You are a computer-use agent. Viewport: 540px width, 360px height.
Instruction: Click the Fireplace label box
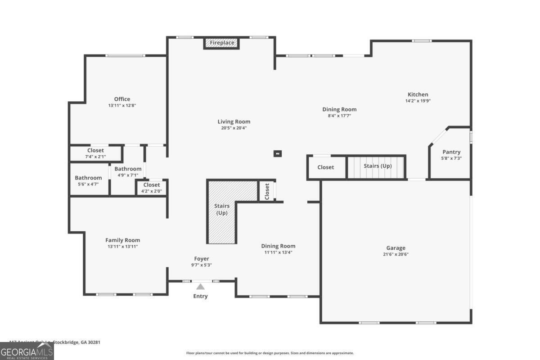pyautogui.click(x=222, y=43)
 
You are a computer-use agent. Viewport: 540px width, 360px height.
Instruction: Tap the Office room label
pyautogui.click(x=122, y=99)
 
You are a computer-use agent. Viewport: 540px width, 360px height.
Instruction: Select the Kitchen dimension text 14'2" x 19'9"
pyautogui.click(x=418, y=101)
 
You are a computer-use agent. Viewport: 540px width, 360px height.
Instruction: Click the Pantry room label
pyautogui.click(x=451, y=152)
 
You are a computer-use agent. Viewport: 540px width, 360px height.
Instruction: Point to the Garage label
pyautogui.click(x=396, y=248)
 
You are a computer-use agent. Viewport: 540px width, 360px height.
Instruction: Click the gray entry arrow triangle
pyautogui.click(x=200, y=286)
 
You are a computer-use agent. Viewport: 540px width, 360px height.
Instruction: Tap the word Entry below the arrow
pyautogui.click(x=201, y=296)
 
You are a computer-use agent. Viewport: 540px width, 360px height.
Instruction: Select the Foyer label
pyautogui.click(x=202, y=259)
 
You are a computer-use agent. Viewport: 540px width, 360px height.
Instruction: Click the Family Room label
pyautogui.click(x=122, y=240)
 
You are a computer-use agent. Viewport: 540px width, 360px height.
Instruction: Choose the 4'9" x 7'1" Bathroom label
pyautogui.click(x=128, y=169)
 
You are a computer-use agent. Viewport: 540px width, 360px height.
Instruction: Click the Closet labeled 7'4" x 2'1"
pyautogui.click(x=95, y=150)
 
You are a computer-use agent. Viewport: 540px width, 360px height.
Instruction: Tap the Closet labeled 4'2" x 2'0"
pyautogui.click(x=152, y=185)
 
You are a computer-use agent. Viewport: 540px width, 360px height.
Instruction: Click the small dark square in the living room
pyautogui.click(x=278, y=153)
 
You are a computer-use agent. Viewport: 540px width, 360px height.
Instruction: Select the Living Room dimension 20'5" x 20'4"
pyautogui.click(x=234, y=128)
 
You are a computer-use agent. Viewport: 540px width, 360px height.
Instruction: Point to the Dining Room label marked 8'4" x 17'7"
pyautogui.click(x=339, y=109)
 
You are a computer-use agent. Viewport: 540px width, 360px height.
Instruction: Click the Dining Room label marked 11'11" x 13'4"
pyautogui.click(x=279, y=246)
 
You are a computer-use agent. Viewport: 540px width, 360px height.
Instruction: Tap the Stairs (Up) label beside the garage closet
pyautogui.click(x=378, y=166)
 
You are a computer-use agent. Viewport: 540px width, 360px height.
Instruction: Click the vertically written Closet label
pyautogui.click(x=267, y=191)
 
